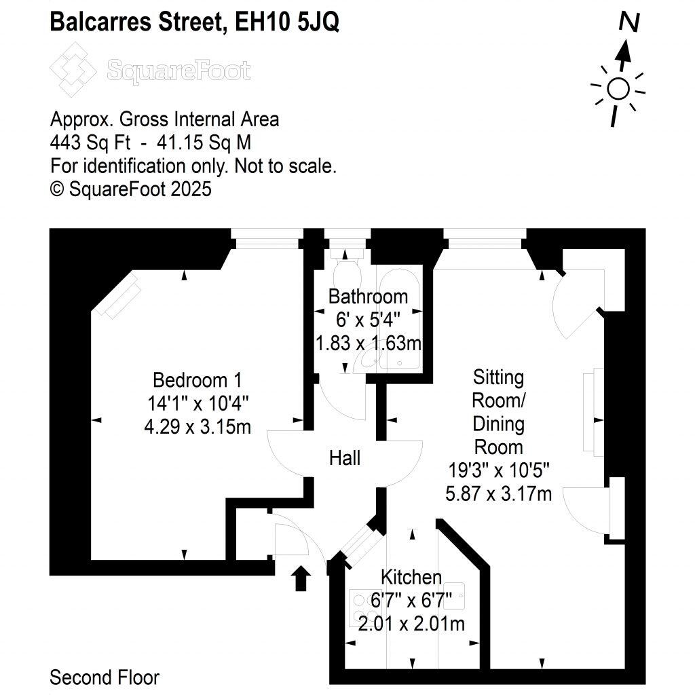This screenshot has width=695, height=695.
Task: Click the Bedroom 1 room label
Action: point(197,379)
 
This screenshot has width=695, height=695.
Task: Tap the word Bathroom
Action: point(368,297)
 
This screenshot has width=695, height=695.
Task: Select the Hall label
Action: point(345,458)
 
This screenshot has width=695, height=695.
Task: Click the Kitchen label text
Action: point(411,578)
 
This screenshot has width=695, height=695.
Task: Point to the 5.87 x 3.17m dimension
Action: point(498,493)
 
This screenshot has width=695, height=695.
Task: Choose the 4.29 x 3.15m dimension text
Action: point(198,428)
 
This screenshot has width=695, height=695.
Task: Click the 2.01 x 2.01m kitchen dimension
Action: point(411,624)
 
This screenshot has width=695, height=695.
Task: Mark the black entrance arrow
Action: point(302,579)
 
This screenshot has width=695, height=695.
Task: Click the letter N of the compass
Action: point(629,22)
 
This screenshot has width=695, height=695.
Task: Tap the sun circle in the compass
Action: point(618,88)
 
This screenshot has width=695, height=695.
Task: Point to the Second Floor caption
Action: point(105,677)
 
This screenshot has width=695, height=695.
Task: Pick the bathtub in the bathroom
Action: point(400,319)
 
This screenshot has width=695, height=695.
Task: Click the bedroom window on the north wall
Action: point(265,236)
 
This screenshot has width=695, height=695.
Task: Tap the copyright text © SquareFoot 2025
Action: point(131,189)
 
